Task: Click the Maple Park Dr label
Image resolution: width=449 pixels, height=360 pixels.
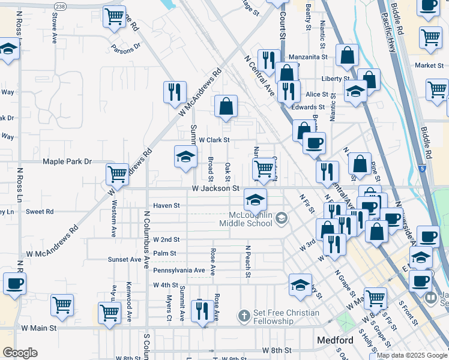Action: click(x=67, y=161)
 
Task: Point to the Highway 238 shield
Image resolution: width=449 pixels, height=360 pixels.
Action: click(x=60, y=6)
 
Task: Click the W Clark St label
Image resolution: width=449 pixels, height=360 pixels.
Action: click(x=215, y=140)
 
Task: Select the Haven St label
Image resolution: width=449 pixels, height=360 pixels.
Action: click(x=166, y=205)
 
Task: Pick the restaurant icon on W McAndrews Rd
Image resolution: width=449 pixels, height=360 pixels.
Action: click(x=174, y=91)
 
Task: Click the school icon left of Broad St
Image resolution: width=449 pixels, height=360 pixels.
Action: click(x=185, y=157)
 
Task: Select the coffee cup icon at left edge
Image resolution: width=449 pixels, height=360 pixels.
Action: click(x=14, y=284)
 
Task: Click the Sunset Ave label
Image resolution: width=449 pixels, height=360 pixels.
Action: click(x=124, y=260)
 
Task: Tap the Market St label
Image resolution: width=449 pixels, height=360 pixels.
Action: click(x=424, y=65)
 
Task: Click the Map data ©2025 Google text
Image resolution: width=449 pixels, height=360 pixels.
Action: click(x=411, y=355)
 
